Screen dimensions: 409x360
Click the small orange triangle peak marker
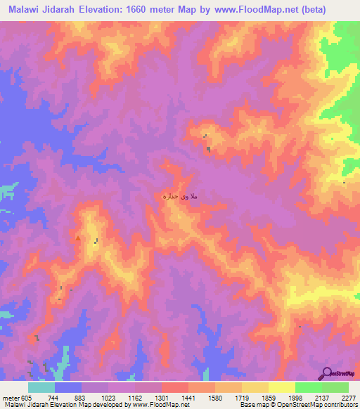pos(77,238)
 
